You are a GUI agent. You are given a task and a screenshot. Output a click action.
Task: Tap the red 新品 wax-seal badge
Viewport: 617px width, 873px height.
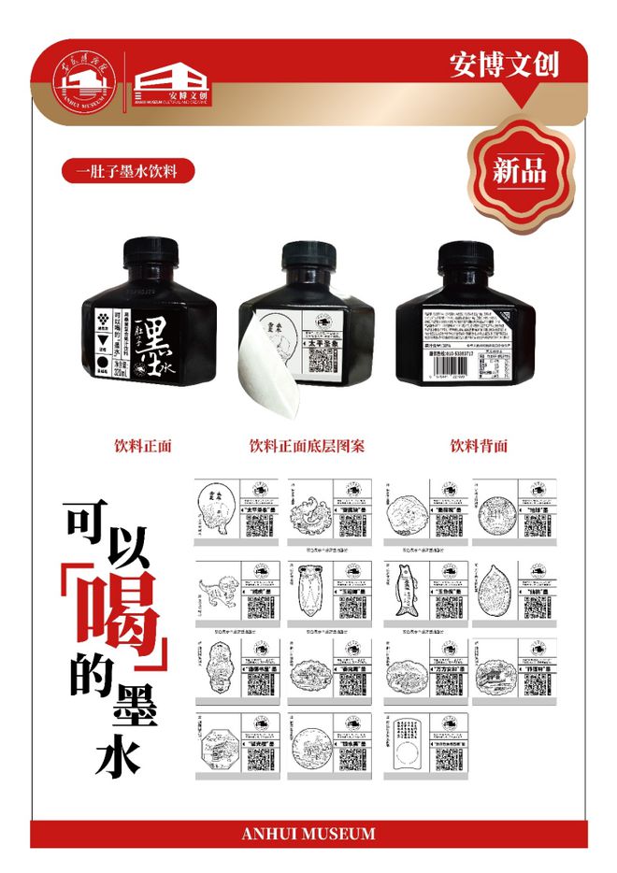pos(520,170)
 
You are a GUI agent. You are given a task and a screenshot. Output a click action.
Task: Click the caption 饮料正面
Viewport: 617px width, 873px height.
pos(142,446)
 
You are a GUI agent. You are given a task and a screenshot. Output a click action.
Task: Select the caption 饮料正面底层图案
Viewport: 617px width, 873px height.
pos(307,446)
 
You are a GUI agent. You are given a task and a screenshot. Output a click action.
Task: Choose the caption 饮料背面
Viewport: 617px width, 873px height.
pos(479,446)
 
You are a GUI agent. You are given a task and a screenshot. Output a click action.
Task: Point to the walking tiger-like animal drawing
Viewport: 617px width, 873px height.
pos(217,593)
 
